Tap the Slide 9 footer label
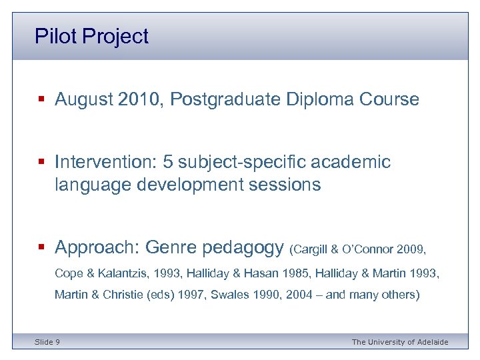click(x=47, y=342)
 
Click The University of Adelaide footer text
click(x=399, y=342)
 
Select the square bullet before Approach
click(x=41, y=248)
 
